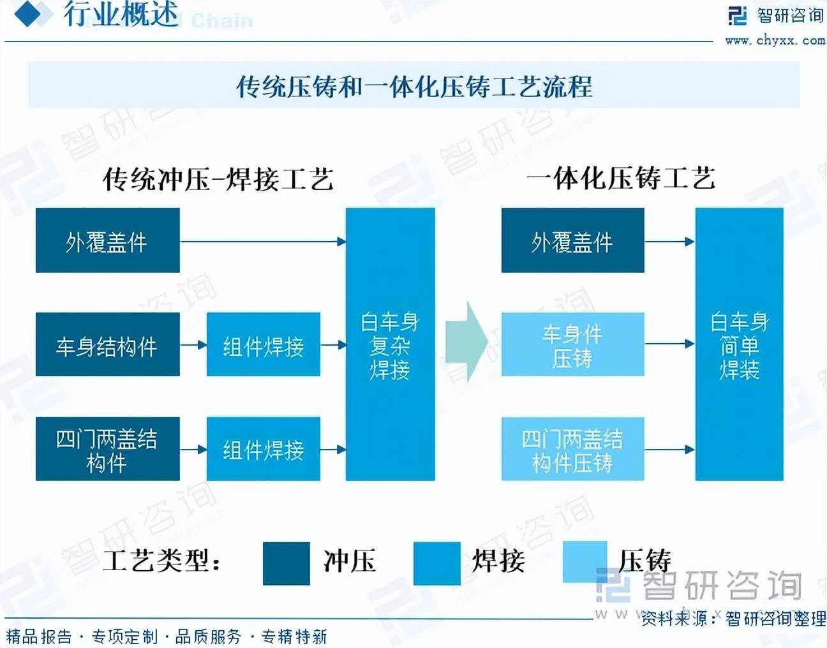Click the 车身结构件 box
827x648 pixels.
[107, 344]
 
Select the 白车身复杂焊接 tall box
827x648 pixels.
[390, 344]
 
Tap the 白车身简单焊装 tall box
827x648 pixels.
[739, 344]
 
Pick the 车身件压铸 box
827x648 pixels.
[572, 344]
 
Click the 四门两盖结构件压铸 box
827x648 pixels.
[572, 449]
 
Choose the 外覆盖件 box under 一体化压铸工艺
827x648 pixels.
[572, 240]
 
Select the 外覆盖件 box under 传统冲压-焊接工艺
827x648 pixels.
[107, 240]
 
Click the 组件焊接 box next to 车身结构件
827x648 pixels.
[263, 344]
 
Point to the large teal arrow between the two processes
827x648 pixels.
[466, 342]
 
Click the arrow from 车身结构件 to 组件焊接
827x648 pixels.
[193, 345]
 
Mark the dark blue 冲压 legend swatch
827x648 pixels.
[286, 563]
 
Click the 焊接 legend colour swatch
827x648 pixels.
[436, 563]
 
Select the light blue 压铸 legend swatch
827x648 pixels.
[584, 561]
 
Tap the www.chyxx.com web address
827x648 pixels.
[775, 40]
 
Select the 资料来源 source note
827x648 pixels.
[733, 618]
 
